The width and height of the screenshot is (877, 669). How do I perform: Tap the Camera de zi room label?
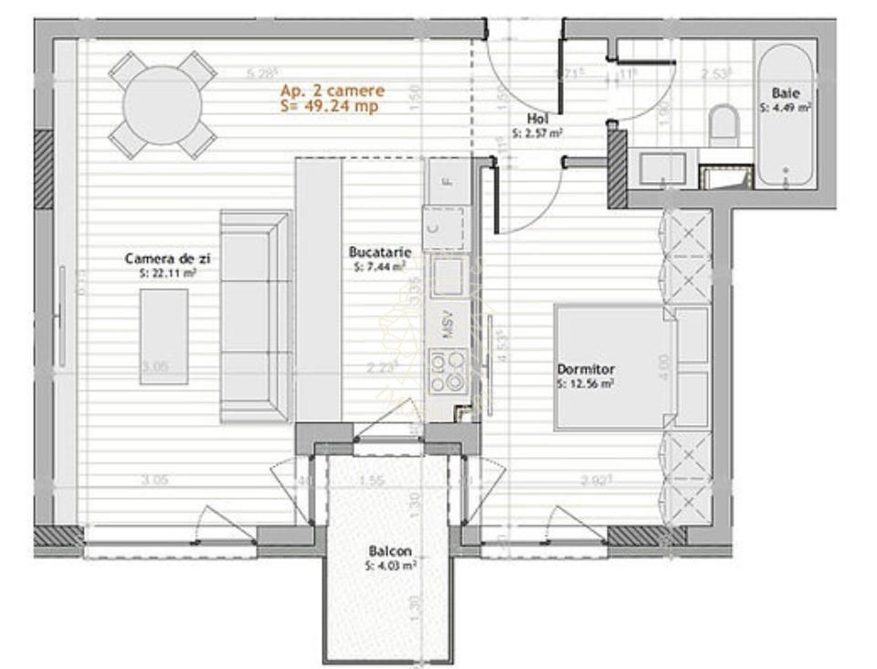[161, 260]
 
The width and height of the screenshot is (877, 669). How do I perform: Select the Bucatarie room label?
[379, 251]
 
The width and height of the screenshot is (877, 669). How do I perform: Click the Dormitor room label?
[586, 369]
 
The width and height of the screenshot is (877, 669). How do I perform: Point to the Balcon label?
[390, 552]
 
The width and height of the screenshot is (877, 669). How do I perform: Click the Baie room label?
[786, 93]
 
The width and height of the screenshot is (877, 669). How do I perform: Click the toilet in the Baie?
[724, 123]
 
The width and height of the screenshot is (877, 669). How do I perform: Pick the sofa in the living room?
[256, 315]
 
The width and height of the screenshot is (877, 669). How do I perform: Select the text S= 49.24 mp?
[329, 107]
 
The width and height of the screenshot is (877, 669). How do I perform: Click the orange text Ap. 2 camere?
[333, 90]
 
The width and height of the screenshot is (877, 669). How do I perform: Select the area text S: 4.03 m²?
[390, 566]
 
